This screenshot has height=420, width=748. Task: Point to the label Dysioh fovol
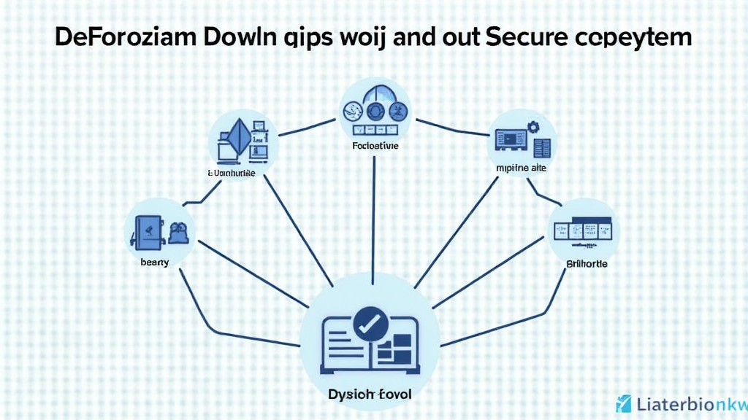(x=370, y=394)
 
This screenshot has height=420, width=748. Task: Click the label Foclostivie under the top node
(x=374, y=146)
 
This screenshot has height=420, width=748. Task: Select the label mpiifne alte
(x=522, y=168)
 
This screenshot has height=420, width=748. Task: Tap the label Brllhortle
(x=587, y=263)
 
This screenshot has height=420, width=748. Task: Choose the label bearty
(x=154, y=262)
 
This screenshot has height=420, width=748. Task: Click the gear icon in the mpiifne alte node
(x=532, y=127)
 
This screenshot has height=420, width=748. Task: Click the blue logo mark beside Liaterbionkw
(x=623, y=403)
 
